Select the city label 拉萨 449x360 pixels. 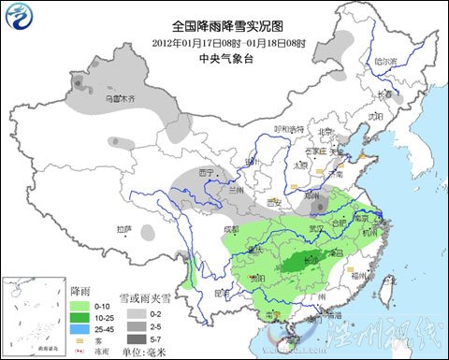124,229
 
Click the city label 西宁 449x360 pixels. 207,172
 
